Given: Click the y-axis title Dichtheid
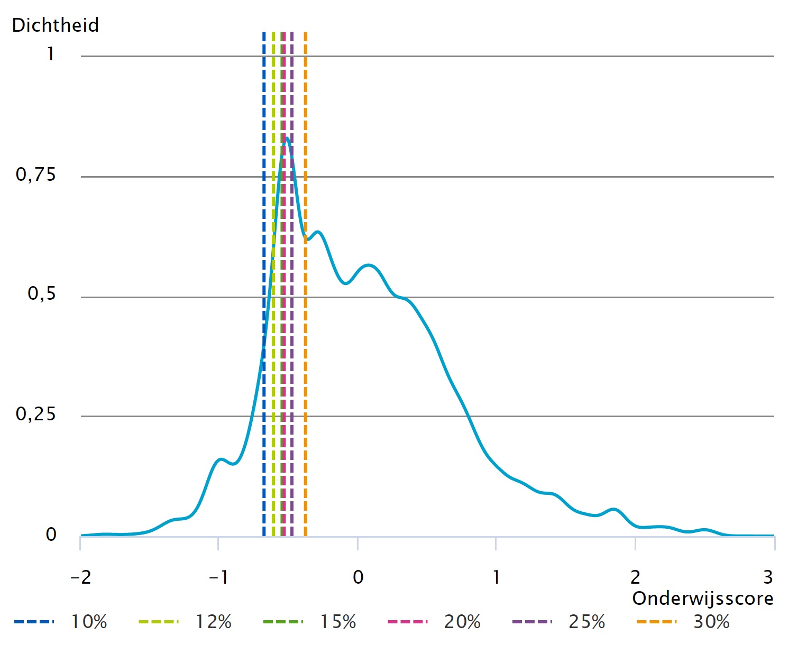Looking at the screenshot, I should pos(56,25).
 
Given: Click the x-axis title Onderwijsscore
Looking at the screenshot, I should pos(702,598).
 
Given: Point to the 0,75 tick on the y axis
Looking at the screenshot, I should pos(36,174).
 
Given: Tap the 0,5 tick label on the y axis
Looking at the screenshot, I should pos(42,294).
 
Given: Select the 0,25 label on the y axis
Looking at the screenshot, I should pos(36,414).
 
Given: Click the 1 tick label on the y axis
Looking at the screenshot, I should pos(51,54).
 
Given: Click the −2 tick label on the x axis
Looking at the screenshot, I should pos(80,577).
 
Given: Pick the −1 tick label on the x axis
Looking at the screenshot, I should pos(218,577).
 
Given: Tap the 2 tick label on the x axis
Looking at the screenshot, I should pos(635,577).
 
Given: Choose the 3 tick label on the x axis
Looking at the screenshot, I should pos(768,577).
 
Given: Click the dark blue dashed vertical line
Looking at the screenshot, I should pos(264,106).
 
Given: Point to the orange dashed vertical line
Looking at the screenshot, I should pos(306,106).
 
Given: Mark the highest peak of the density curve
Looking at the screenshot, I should pos(287,139).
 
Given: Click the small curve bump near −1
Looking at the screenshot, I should pos(221,459).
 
